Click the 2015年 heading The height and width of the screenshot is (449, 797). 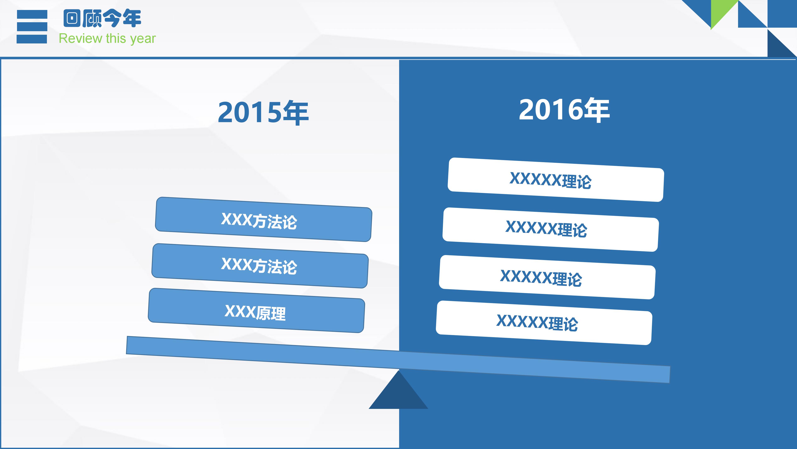point(263,112)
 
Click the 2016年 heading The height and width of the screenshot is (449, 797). point(564,110)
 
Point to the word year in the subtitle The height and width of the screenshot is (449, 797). point(143,39)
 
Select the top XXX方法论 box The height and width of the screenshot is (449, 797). point(263,219)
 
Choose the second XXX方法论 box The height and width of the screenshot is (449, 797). point(260,266)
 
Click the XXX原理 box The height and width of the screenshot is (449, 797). point(256,311)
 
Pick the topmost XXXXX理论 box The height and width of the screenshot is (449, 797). point(556,180)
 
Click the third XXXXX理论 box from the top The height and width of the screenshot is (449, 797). point(547,277)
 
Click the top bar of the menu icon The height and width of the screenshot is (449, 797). point(32,15)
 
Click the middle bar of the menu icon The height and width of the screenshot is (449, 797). point(32,27)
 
